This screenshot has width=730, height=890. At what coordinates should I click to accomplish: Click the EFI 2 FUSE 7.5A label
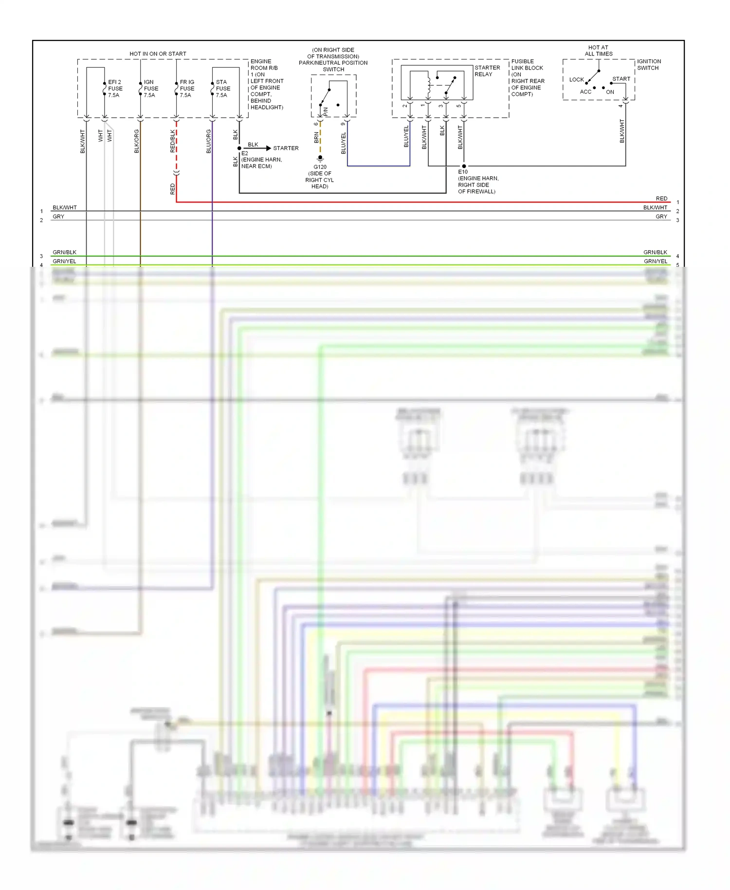point(115,89)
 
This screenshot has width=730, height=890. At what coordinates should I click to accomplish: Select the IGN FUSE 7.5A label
point(151,89)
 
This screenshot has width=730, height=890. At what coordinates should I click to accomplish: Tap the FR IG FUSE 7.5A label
point(187,89)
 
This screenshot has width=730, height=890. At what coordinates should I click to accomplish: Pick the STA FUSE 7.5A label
point(223,89)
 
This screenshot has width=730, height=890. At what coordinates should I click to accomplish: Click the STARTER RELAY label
point(487,71)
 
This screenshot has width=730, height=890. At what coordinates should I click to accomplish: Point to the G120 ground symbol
point(320,158)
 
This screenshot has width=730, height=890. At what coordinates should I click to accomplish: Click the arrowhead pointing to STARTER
point(268,148)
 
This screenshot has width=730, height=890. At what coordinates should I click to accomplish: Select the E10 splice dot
point(464,166)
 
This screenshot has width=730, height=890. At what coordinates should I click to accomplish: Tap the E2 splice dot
point(239,148)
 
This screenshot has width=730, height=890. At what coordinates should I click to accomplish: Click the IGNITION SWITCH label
point(649,65)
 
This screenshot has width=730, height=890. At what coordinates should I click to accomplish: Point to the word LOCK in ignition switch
point(576,79)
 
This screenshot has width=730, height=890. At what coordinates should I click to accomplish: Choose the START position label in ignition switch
point(621,79)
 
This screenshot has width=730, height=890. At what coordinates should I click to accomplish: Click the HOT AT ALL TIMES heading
point(598,51)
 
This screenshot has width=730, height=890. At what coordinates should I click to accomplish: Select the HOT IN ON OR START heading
point(158,54)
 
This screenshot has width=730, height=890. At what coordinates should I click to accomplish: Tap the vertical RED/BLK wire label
point(173,141)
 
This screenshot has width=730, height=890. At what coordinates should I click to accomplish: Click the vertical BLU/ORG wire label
point(209,141)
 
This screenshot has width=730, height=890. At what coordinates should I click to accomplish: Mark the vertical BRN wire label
point(316,138)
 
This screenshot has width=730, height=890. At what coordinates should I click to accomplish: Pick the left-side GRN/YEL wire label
point(64,261)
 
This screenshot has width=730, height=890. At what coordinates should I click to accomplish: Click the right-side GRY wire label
point(661,217)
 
